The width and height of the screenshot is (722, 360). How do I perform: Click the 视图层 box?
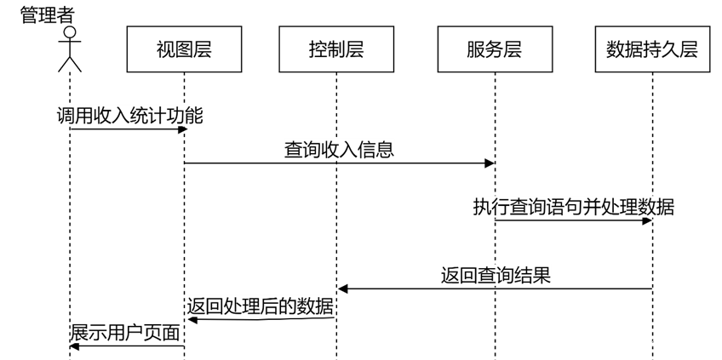click(x=184, y=49)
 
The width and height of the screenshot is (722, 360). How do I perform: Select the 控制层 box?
click(x=336, y=49)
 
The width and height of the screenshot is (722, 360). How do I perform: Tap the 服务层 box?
click(x=495, y=49)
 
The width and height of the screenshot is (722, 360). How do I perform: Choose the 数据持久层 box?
click(x=652, y=49)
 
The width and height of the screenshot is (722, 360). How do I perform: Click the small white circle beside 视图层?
click(x=70, y=32)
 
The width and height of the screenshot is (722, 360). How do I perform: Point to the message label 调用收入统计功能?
click(x=130, y=116)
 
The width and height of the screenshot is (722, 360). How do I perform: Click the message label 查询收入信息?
click(x=339, y=151)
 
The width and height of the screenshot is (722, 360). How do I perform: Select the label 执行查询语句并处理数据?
click(x=574, y=207)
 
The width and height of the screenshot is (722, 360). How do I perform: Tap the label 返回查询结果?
click(x=496, y=276)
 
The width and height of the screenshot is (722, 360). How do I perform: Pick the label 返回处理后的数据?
click(x=261, y=306)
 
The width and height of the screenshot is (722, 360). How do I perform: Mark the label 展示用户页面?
click(x=125, y=333)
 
